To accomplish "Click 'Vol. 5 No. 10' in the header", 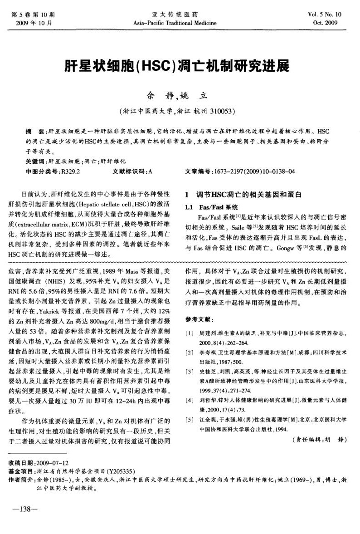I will click(330, 15).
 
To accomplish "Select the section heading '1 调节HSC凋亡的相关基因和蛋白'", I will click(243, 195).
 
